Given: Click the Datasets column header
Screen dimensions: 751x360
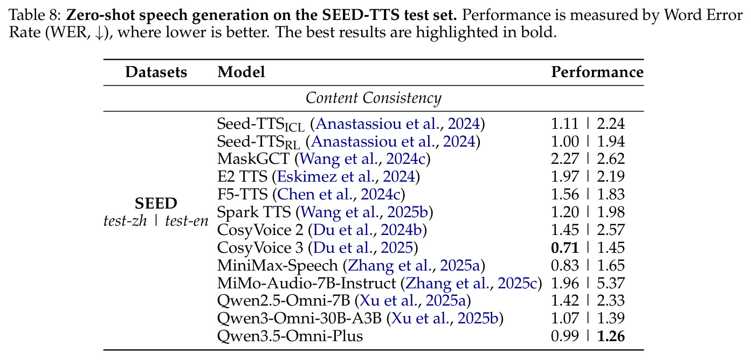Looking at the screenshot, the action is (156, 72).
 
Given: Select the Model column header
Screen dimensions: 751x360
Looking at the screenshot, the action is (241, 72).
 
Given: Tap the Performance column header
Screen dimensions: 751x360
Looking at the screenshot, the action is (597, 72).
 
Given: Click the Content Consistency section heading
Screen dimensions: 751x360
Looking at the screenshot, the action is (374, 98).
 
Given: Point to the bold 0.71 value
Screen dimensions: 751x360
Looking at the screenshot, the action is (565, 248).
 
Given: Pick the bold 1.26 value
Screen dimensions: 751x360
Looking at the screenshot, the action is (611, 336).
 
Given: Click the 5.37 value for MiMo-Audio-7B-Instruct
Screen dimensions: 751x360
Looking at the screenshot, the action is (611, 283).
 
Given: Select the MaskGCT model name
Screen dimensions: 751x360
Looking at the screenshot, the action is (253, 158).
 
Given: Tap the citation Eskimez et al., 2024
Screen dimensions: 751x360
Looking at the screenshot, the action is (346, 176).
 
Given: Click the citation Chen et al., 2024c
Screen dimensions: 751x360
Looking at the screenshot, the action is (339, 195).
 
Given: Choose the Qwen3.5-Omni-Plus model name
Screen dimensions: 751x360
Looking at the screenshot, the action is (290, 336).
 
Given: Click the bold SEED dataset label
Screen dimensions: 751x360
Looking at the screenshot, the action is (156, 204).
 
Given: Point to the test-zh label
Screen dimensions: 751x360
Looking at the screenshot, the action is (125, 221).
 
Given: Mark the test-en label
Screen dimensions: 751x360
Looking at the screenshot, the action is (187, 221).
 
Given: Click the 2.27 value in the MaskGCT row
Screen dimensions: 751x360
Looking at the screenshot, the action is (565, 159).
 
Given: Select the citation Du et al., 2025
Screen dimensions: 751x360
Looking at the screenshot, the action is (363, 248).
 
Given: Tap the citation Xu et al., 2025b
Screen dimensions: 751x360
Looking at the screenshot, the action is (445, 318).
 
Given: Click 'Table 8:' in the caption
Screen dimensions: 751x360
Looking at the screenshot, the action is (35, 15).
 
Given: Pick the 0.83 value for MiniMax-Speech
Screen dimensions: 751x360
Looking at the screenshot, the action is (565, 266).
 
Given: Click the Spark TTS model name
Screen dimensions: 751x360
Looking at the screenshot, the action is (254, 212).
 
